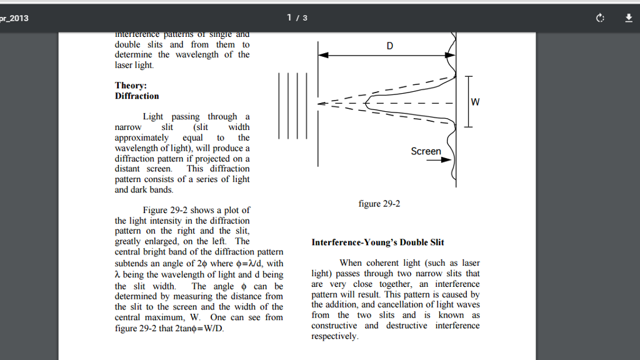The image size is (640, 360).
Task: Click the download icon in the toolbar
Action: [x=629, y=18]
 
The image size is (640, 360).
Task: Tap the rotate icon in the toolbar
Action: [x=601, y=18]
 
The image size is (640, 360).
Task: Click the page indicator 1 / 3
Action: [x=297, y=17]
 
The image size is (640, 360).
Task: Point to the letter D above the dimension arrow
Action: [x=390, y=46]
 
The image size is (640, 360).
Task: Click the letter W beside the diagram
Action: [x=475, y=102]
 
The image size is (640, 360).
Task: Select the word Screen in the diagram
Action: [x=426, y=151]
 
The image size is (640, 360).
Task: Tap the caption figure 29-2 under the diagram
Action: [x=379, y=204]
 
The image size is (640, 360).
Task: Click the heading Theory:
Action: [x=131, y=86]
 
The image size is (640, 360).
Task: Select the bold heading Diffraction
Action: [x=137, y=96]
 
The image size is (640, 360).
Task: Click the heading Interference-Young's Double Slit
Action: [x=377, y=242]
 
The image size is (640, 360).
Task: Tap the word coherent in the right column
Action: [x=382, y=263]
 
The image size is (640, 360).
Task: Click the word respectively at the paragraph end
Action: [x=334, y=336]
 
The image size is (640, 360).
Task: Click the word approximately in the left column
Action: [x=142, y=137]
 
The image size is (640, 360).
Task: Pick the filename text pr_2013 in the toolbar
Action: [x=14, y=18]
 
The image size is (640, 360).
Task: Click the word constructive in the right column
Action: [x=334, y=326]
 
